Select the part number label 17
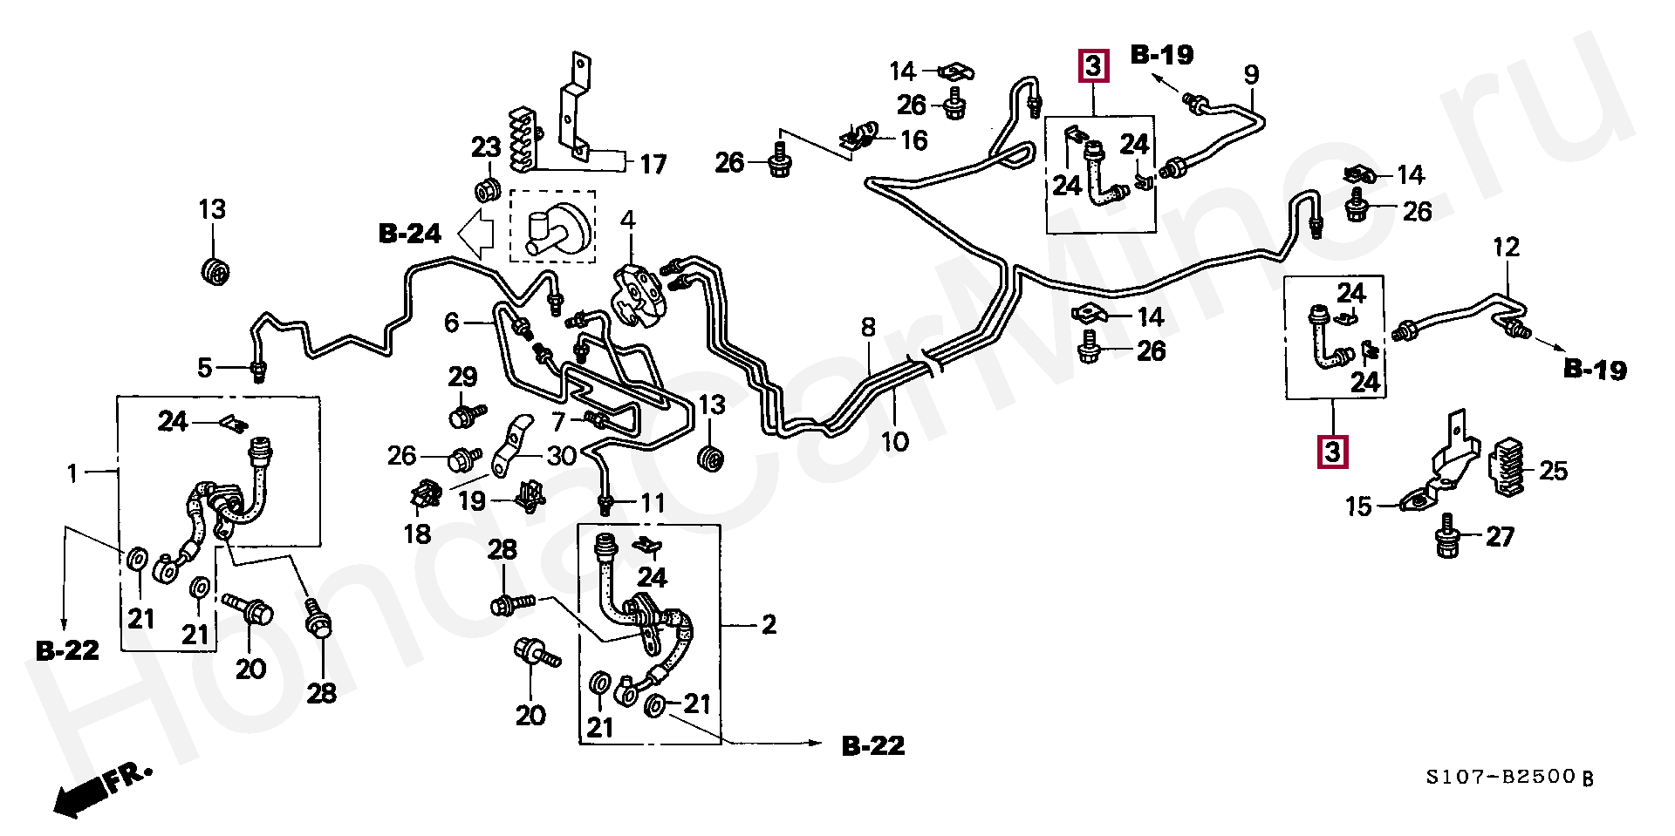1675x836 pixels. pos(653,163)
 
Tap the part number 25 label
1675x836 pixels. pos(1554,472)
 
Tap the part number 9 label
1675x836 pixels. pos(1251,75)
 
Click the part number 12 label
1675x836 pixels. pos(1506,247)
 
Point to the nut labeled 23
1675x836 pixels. pos(485,191)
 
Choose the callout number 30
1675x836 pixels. pos(562,455)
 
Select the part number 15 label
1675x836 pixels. pos(1359,506)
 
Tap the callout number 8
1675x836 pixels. pos(868,328)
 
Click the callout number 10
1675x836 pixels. pos(895,442)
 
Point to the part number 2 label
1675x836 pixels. pos(769,625)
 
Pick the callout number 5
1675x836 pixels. pos(204,368)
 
